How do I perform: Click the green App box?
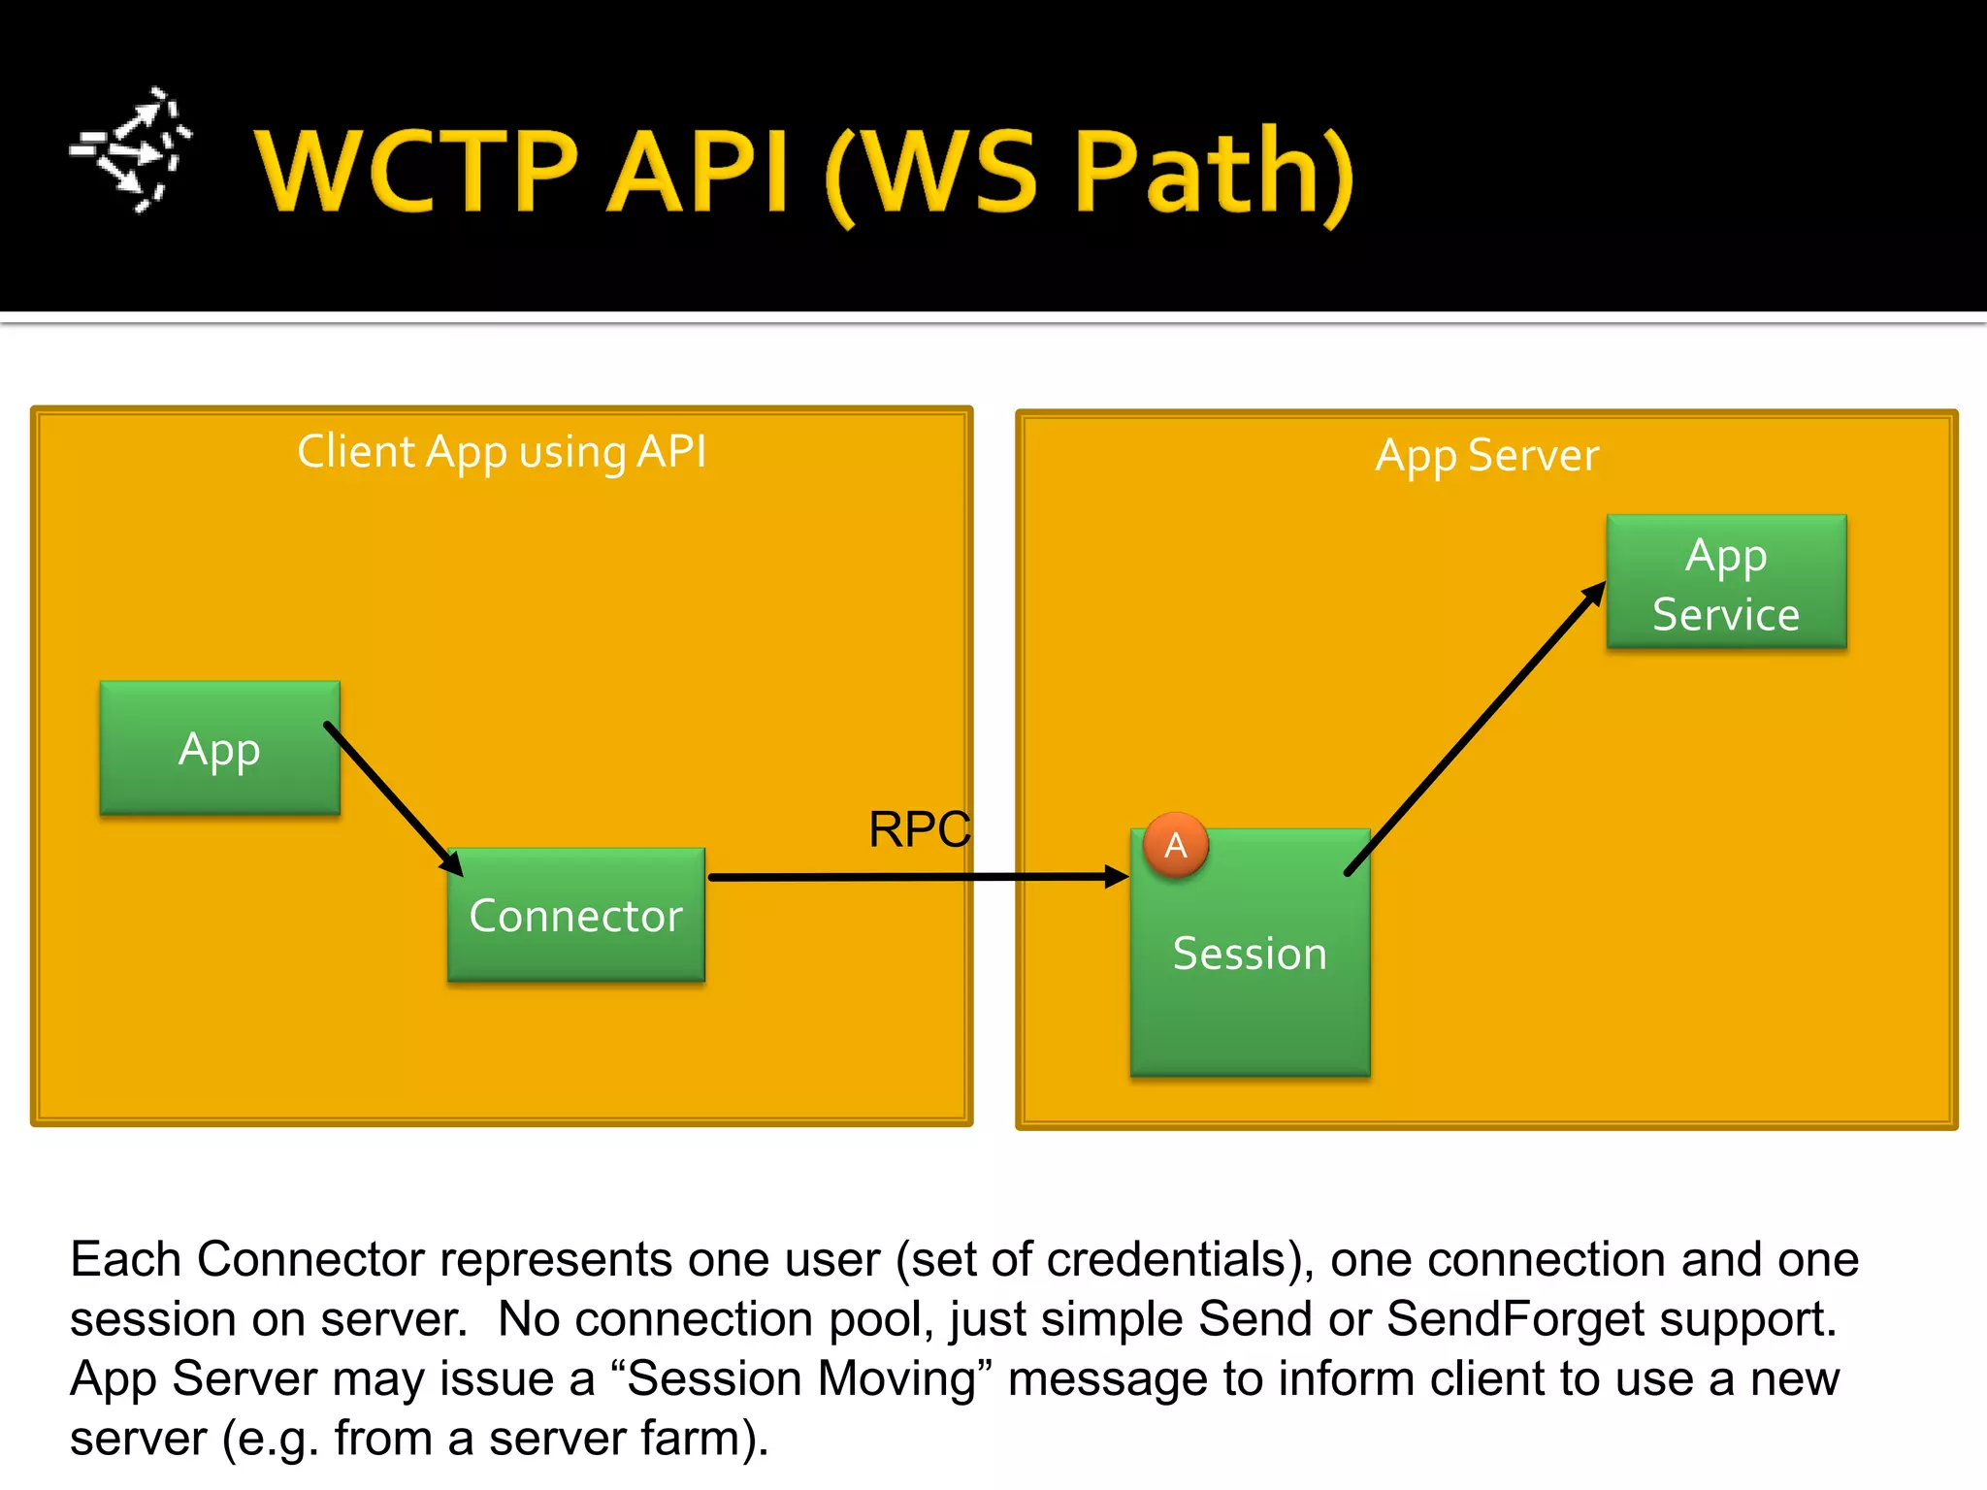click(x=219, y=748)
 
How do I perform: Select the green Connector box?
click(x=575, y=915)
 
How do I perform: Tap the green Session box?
click(x=1250, y=970)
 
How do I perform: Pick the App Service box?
click(x=1726, y=582)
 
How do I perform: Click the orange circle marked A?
click(x=1176, y=845)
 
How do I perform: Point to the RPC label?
click(x=918, y=829)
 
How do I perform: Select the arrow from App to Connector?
click(x=393, y=798)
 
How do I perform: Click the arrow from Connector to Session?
click(x=917, y=877)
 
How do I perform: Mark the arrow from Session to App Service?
click(x=1475, y=728)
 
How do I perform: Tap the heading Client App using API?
click(x=502, y=452)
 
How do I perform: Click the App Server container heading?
click(x=1486, y=455)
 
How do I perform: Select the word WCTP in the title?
click(x=417, y=172)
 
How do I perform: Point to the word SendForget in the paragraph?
click(x=1515, y=1319)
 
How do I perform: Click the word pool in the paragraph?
click(x=879, y=1319)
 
